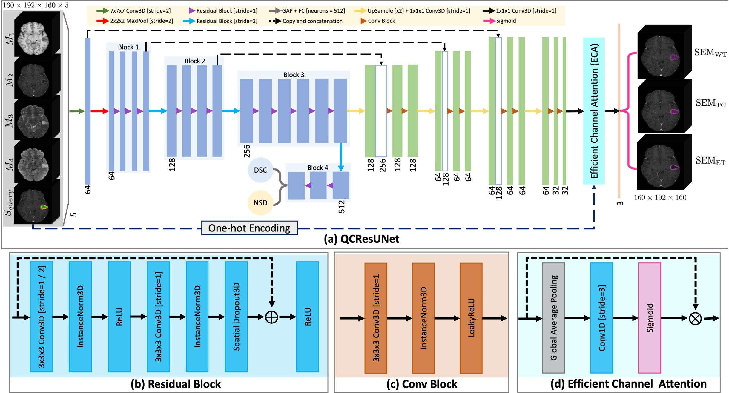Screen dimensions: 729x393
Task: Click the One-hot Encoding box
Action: pos(249,228)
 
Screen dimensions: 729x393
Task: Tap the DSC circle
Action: pos(260,170)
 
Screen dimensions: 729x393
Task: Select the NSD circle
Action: pos(260,203)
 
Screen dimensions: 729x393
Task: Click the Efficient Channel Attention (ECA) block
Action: pos(594,111)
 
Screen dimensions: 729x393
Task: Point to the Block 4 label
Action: pos(317,168)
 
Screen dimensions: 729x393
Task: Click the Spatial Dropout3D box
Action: pos(236,317)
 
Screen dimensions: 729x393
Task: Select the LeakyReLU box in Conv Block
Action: pos(471,318)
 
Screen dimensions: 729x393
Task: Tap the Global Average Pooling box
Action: pos(553,318)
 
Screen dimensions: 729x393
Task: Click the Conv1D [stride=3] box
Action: pos(601,318)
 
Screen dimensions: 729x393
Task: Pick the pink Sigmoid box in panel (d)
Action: pos(650,318)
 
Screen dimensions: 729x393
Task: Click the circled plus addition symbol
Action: pos(272,317)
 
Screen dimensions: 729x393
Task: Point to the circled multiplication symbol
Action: pos(695,318)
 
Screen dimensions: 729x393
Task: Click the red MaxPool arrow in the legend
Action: pos(102,21)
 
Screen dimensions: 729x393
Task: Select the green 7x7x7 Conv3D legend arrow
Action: pos(102,11)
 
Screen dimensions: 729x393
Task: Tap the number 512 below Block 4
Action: pos(341,207)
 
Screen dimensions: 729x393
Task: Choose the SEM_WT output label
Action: pos(710,53)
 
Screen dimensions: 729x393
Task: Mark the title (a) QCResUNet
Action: pos(361,239)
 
